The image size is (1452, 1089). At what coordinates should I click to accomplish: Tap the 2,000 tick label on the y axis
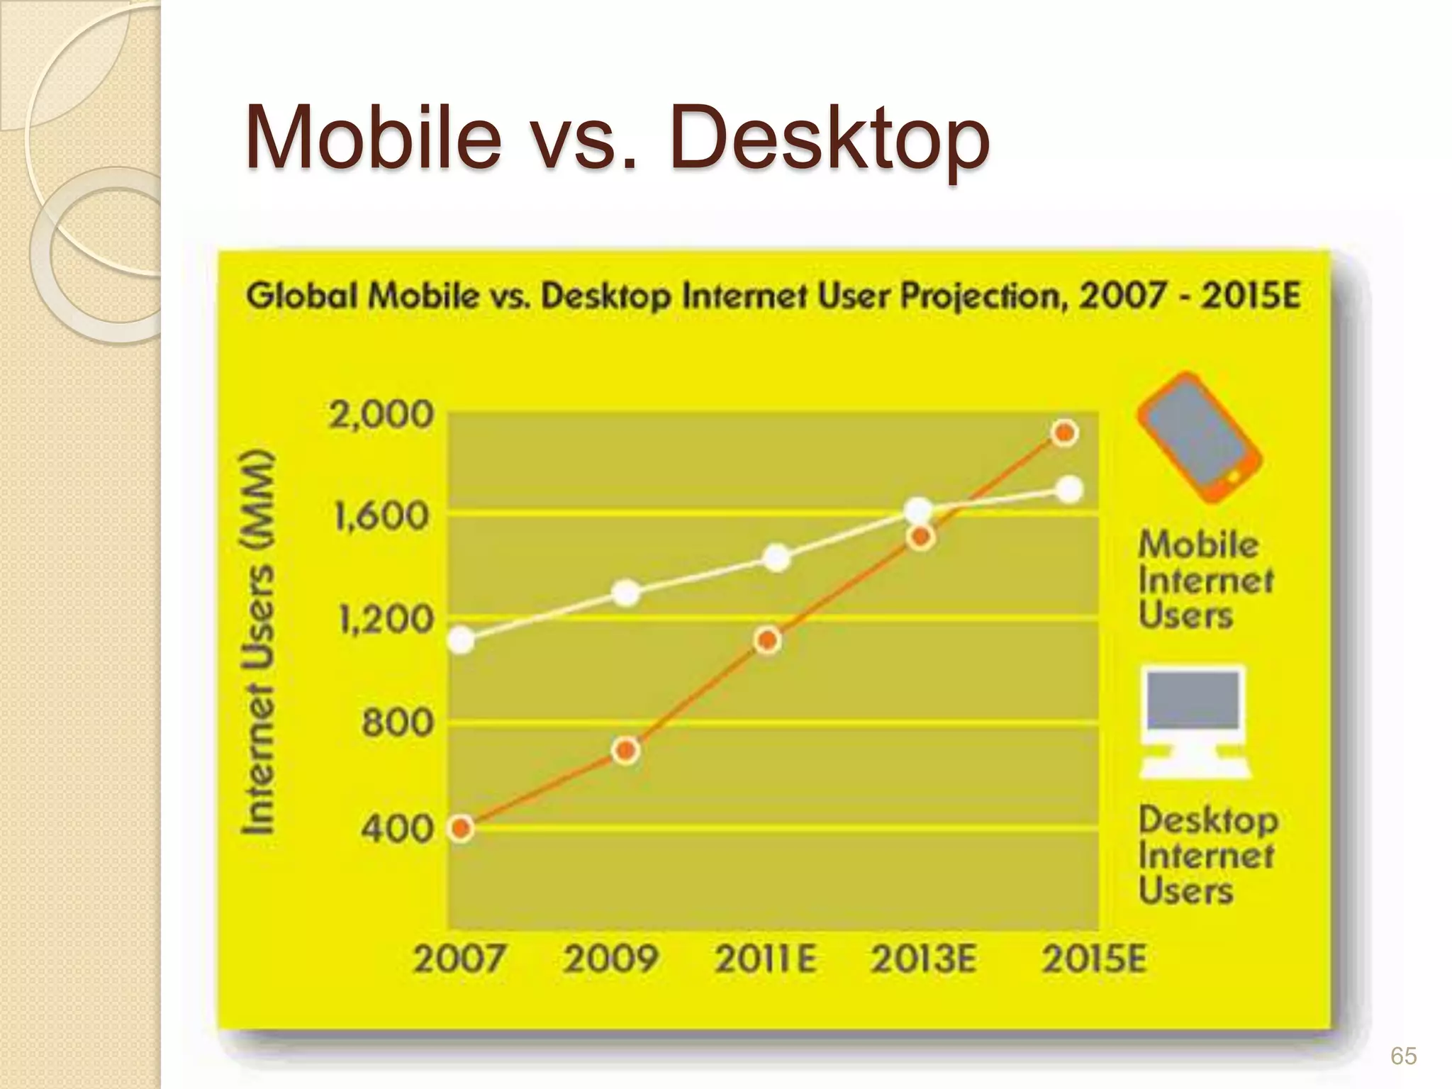coord(380,415)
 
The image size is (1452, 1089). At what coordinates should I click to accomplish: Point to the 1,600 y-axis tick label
coord(381,516)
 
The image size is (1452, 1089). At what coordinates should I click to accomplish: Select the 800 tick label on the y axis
coord(396,724)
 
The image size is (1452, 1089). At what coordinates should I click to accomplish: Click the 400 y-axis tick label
coord(396,827)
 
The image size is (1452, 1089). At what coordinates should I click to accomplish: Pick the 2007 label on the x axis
coord(459,960)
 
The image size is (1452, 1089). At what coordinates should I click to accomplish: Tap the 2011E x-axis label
coord(765,960)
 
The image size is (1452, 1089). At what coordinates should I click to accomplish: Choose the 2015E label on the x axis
coord(1093,960)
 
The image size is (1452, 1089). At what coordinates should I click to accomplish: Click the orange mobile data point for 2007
coord(462,827)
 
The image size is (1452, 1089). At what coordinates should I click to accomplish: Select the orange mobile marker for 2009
coord(625,750)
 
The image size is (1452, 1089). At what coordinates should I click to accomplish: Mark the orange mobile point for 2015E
coord(1065,432)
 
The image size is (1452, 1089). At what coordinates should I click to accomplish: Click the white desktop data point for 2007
coord(462,640)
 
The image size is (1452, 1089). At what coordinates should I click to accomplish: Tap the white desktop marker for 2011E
coord(777,558)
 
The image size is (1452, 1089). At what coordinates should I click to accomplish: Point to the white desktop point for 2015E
coord(1069,489)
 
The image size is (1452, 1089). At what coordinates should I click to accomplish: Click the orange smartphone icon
coord(1199,437)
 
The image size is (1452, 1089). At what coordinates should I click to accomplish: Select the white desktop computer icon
coord(1195,722)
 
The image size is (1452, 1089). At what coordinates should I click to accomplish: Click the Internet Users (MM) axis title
coord(257,642)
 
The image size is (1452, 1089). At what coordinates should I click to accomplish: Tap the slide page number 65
coord(1403,1056)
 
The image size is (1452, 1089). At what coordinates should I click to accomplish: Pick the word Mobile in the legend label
coord(1198,545)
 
